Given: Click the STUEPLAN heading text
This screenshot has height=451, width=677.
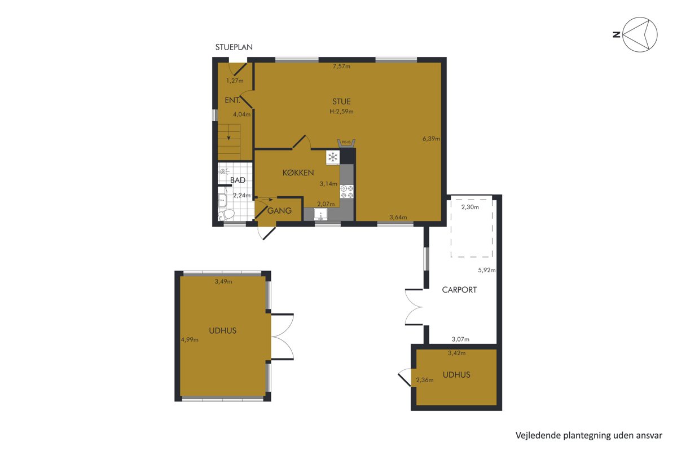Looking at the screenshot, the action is click(234, 47).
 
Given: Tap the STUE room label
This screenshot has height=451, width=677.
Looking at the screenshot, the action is click(341, 101).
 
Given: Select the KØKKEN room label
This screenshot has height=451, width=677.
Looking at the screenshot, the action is click(298, 173).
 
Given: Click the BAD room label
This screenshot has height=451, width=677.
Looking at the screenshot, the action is click(238, 180).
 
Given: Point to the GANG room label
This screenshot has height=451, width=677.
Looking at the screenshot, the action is click(279, 210).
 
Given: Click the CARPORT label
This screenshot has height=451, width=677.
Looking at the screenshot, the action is click(459, 290).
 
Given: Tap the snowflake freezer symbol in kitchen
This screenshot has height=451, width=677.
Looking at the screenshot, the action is click(333, 157).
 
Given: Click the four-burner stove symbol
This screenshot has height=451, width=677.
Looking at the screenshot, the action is click(346, 192).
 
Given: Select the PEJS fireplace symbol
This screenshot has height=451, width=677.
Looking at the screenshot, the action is click(346, 143).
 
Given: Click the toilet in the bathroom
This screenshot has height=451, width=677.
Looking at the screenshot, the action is click(226, 215).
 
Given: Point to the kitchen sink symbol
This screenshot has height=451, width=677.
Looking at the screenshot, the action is click(320, 214).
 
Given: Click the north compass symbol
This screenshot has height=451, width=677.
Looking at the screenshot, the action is click(640, 34).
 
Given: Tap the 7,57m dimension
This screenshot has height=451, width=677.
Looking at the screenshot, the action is click(341, 67).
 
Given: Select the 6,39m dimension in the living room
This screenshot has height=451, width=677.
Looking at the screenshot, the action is click(431, 139).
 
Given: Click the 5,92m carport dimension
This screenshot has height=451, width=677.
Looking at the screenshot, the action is click(486, 270).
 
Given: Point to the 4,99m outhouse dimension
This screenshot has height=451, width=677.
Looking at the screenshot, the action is click(190, 340).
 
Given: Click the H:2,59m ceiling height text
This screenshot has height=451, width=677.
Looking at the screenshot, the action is click(341, 112).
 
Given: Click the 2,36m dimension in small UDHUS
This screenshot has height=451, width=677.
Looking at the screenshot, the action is click(425, 380).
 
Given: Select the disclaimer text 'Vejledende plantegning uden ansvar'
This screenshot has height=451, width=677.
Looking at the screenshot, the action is click(589, 435).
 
